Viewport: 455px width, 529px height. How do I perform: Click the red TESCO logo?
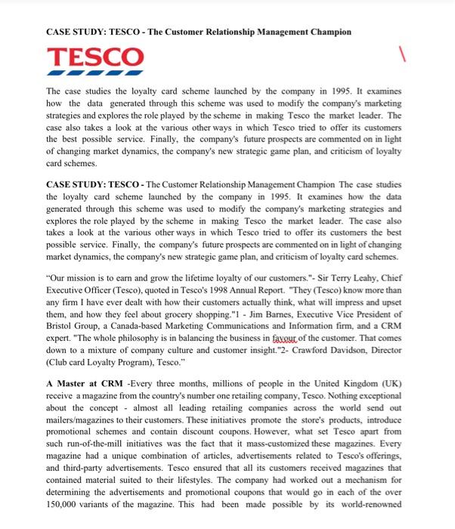click(x=94, y=59)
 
